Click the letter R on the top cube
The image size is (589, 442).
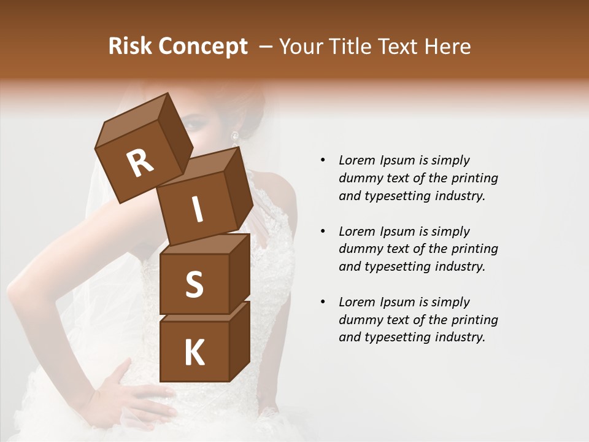tap(141, 163)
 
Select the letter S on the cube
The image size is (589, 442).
tap(194, 285)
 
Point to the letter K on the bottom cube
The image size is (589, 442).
tap(194, 353)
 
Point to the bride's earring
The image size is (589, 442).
tap(234, 136)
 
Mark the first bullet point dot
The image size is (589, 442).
tap(323, 161)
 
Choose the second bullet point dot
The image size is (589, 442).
tap(323, 231)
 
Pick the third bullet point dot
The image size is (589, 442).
tap(323, 303)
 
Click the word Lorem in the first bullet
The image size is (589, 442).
tap(356, 161)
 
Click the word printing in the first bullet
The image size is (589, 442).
tap(475, 179)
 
